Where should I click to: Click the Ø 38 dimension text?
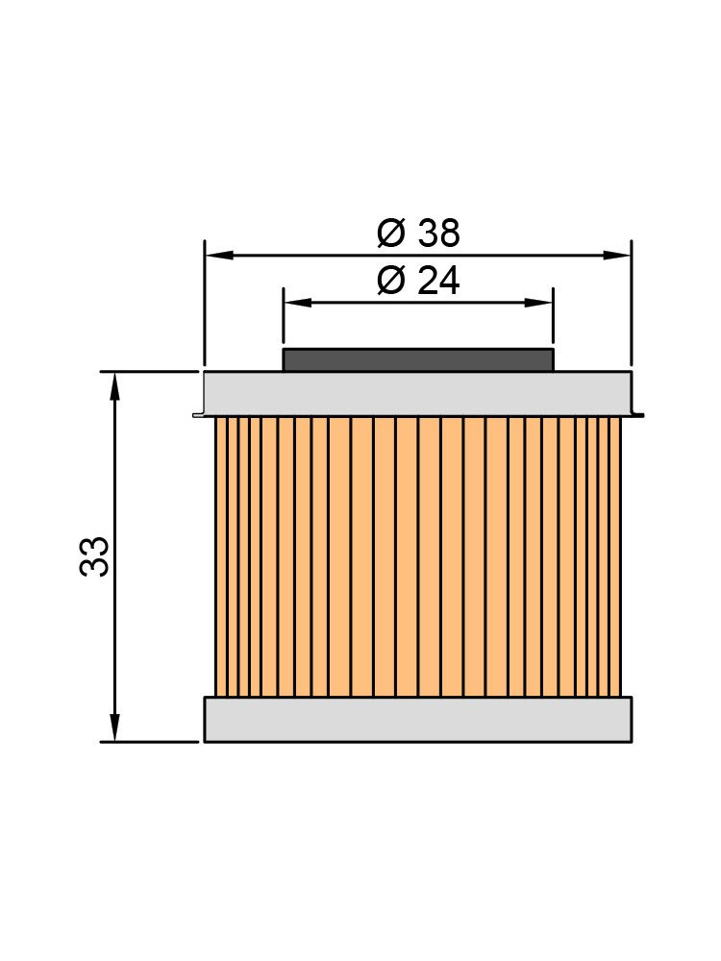(x=418, y=233)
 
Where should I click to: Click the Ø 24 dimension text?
(x=418, y=281)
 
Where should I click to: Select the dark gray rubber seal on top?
(x=418, y=360)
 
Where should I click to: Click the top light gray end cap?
(x=418, y=393)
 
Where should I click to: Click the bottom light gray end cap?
(x=418, y=720)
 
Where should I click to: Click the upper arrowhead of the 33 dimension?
(x=115, y=384)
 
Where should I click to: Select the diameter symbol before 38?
(x=391, y=233)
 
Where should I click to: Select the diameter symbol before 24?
(x=391, y=281)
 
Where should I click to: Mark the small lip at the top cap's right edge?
(x=637, y=415)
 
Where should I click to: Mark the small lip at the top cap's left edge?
(x=198, y=415)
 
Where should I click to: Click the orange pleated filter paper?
(x=418, y=556)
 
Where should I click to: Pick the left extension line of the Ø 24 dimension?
(x=284, y=317)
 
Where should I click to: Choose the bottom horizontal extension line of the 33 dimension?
(x=149, y=742)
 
